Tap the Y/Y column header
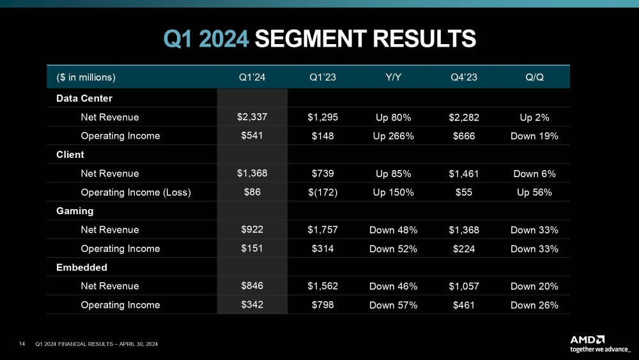pos(394,77)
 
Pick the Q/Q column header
pos(534,77)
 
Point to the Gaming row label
pos(75,210)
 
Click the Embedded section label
pos(81,267)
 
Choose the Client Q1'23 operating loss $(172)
pos(322,192)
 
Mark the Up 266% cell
pos(394,136)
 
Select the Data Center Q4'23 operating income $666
pos(464,136)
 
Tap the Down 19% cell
pos(534,136)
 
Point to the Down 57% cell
pos(394,305)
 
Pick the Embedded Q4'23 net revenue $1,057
pos(464,286)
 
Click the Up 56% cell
pos(534,192)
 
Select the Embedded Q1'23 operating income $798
pos(322,305)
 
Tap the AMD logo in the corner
pos(587,339)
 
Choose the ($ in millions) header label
pos(86,77)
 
